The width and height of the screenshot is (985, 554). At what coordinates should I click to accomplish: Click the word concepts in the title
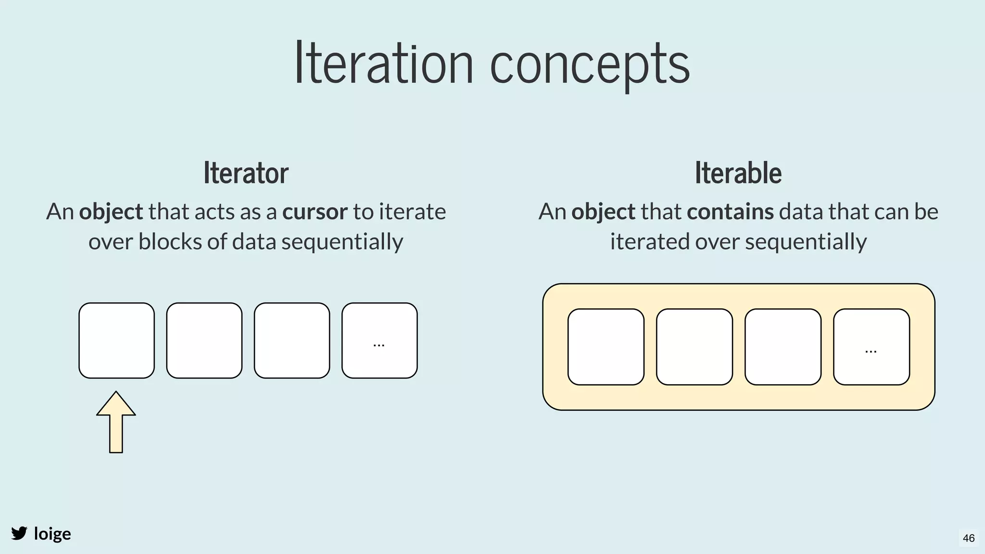[590, 65]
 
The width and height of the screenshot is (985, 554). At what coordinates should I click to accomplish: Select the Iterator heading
[246, 173]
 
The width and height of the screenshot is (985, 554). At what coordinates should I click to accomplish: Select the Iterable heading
[738, 173]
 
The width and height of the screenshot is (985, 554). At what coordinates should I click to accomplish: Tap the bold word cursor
[315, 212]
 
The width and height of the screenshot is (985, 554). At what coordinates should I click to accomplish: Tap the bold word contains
[730, 212]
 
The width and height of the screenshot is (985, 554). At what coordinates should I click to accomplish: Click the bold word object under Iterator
[111, 212]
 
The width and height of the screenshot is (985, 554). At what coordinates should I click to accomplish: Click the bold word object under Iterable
[603, 212]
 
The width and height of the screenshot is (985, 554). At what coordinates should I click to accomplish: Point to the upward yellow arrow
[116, 422]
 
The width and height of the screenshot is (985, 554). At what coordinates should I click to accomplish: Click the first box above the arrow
[116, 340]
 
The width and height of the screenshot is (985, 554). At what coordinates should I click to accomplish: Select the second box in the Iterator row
[204, 340]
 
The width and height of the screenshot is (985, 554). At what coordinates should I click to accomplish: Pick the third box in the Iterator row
[292, 340]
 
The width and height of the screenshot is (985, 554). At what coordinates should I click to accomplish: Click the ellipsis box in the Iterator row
[379, 340]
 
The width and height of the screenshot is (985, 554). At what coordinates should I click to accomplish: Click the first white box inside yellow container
[606, 347]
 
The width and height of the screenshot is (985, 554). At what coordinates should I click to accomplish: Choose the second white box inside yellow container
[694, 347]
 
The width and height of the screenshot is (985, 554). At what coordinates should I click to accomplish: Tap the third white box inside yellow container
[783, 347]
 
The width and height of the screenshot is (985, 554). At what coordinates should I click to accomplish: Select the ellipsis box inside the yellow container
[871, 347]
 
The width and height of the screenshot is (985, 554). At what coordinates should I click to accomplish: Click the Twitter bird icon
[19, 533]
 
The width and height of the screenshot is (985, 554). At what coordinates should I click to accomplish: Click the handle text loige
[52, 534]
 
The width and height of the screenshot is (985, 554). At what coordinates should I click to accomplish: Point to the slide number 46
[969, 538]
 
